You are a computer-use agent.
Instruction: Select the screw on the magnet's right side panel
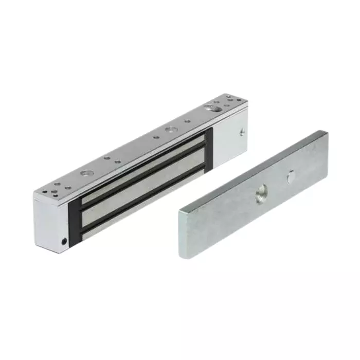pyautogui.click(x=242, y=132)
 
